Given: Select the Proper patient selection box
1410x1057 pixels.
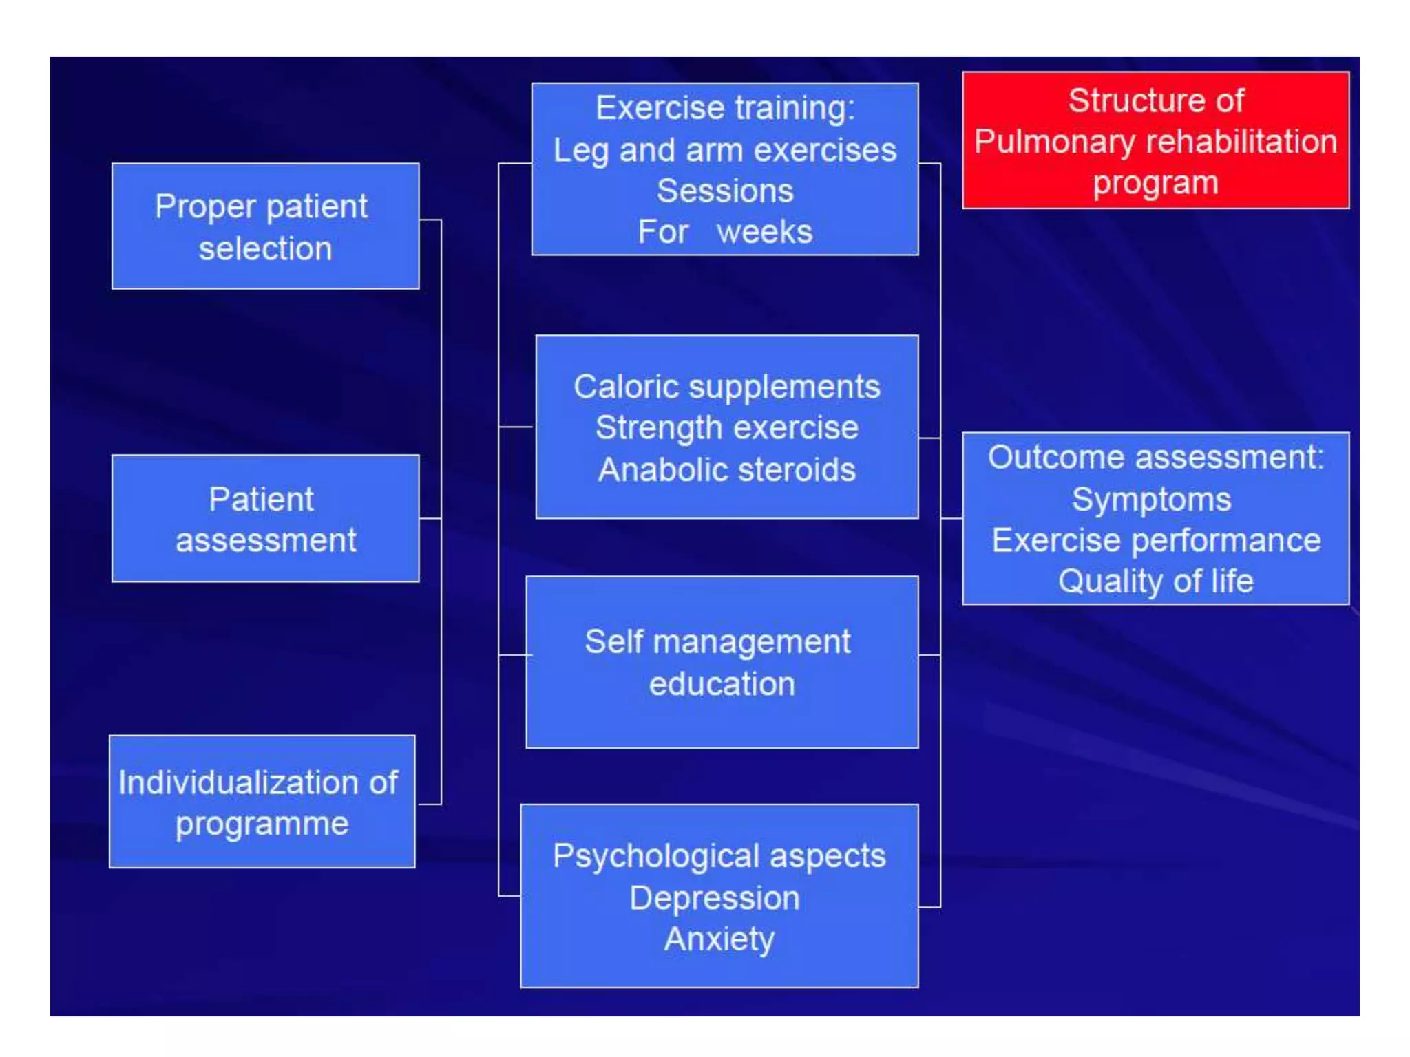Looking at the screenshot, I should pos(265,226).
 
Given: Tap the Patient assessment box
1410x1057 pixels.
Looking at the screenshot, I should pos(265,519).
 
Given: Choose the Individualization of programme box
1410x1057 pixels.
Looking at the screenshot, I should pos(262,802).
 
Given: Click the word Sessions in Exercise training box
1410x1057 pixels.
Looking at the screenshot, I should pos(725,191).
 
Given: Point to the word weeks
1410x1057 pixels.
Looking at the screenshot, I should pos(764,232).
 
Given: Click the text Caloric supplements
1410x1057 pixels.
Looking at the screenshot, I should pos(726,387).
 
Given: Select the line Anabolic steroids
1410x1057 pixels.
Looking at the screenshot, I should pos(726,470).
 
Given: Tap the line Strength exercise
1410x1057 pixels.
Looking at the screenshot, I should pos(726,428).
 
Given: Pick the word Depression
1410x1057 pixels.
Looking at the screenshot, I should pos(715,898).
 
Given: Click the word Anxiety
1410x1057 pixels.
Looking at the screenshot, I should pos(719,939).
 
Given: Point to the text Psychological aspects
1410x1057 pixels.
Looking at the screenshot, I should pos(719,856).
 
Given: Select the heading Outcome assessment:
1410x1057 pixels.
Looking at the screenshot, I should pos(1155,457).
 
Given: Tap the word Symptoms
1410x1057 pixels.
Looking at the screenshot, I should pos(1151,499).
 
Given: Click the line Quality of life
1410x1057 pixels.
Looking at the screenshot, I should pos(1155,581).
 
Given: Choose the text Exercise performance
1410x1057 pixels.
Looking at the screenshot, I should pos(1155,540).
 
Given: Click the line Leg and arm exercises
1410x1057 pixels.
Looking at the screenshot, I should pos(725,150).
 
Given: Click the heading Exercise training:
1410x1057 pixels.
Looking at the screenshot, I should pos(725,108).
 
